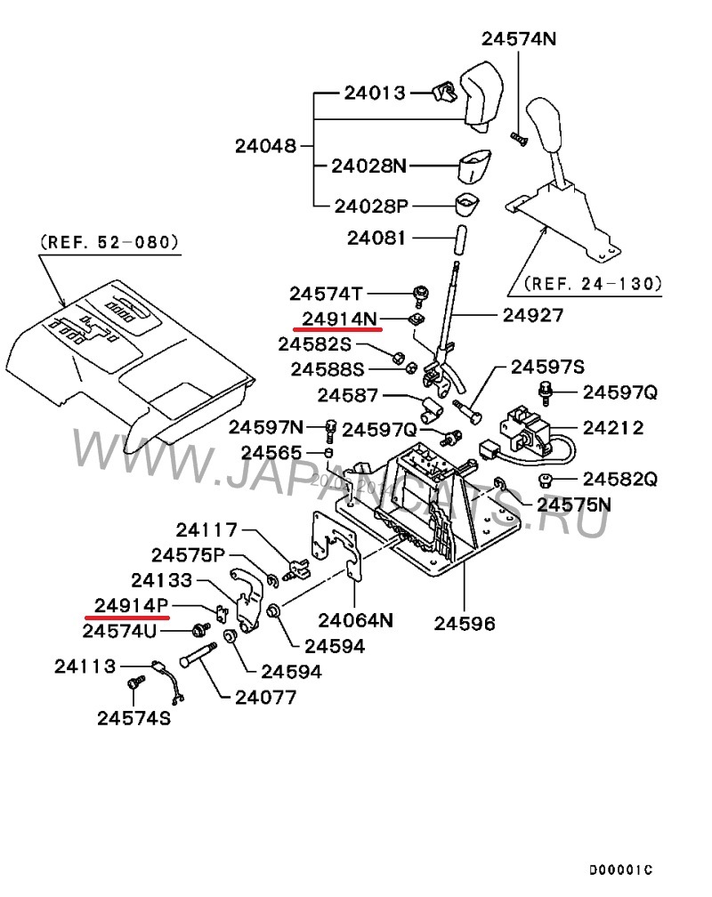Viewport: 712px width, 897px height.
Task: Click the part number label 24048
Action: tap(265, 145)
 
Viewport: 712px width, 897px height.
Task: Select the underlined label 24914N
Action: tap(338, 318)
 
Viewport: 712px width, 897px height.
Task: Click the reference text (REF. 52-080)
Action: tap(109, 241)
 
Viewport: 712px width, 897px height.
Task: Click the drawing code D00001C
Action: tap(619, 869)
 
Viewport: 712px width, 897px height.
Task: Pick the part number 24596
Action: tap(465, 623)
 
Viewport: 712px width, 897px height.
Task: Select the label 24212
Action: tap(613, 428)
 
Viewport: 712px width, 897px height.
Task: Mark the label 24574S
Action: tap(133, 717)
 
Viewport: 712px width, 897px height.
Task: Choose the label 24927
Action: tap(532, 314)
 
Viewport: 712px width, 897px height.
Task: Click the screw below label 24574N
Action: tap(515, 136)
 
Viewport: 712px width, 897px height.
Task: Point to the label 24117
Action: tap(206, 530)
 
